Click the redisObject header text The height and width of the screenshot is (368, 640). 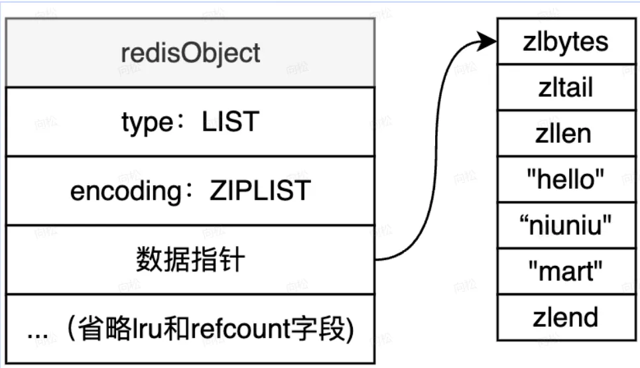(190, 53)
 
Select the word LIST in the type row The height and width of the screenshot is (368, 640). (230, 122)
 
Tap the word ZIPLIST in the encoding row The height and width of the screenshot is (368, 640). (259, 191)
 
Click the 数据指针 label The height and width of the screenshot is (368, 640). (190, 260)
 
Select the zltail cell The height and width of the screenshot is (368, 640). (565, 88)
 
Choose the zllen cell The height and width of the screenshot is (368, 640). (565, 133)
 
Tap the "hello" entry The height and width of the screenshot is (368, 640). (565, 179)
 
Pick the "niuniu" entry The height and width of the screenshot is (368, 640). (565, 225)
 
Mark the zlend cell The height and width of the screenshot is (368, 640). (565, 317)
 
